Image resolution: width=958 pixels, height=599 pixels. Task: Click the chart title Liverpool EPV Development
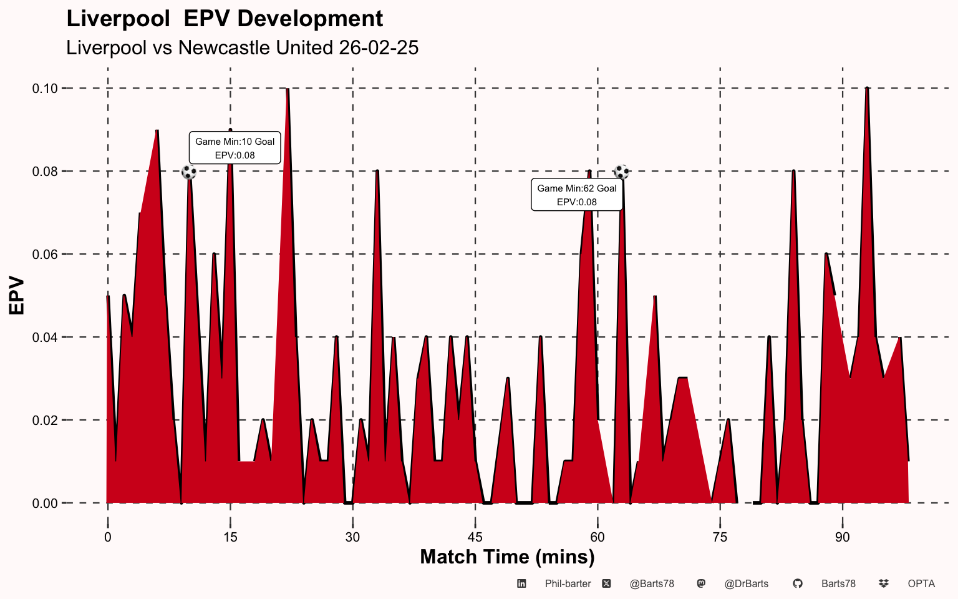[x=225, y=19]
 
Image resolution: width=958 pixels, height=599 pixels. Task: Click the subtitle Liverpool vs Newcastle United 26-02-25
[x=242, y=47]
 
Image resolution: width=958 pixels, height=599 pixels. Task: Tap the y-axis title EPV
[x=16, y=295]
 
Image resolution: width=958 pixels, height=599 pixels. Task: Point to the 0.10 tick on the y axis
[x=45, y=89]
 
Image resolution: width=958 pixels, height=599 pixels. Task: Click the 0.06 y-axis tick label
[x=45, y=255]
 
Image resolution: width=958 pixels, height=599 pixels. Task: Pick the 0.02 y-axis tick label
[x=45, y=420]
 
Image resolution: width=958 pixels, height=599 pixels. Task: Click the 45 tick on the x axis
[x=475, y=537]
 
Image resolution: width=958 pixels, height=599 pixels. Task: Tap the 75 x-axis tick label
[x=720, y=537]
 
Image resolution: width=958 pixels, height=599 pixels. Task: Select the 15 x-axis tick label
[x=230, y=537]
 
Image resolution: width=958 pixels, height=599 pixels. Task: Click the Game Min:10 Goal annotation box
[x=235, y=148]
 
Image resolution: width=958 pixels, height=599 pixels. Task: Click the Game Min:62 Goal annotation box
[x=577, y=195]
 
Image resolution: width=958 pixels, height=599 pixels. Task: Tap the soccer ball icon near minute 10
[x=189, y=172]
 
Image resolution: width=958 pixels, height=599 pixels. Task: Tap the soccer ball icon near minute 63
[x=622, y=172]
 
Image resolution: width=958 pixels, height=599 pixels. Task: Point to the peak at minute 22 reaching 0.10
[x=288, y=89]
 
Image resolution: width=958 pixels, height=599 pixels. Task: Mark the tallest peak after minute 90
[x=867, y=88]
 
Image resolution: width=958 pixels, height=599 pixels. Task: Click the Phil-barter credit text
[x=568, y=584]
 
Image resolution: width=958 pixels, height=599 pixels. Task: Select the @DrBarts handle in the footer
[x=747, y=584]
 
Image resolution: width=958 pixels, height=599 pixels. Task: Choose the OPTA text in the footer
[x=921, y=584]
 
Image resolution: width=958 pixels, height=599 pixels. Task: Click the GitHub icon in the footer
[x=798, y=583]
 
